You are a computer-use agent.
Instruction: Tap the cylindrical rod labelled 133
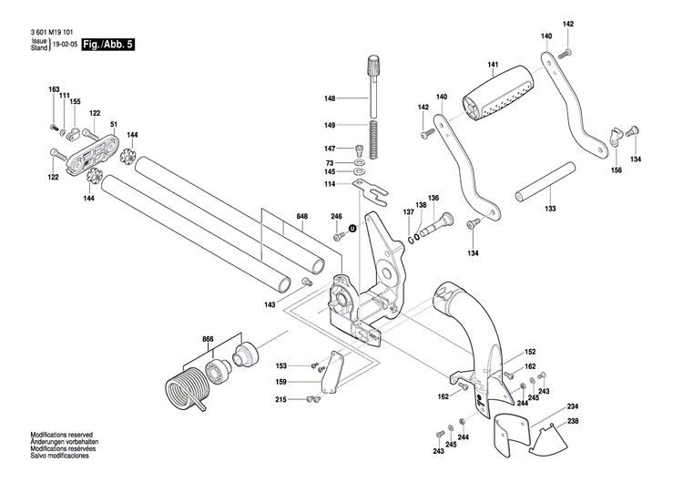(545, 185)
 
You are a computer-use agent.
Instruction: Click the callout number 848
(301, 218)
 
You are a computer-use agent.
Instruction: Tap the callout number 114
(329, 185)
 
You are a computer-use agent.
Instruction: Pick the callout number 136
(433, 199)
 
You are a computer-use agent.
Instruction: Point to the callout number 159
(282, 381)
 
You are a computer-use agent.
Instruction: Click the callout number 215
(282, 399)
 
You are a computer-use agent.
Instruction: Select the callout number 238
(572, 421)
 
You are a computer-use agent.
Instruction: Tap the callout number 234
(572, 406)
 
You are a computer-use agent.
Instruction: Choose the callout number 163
(54, 89)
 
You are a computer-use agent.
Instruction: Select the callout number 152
(530, 352)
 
